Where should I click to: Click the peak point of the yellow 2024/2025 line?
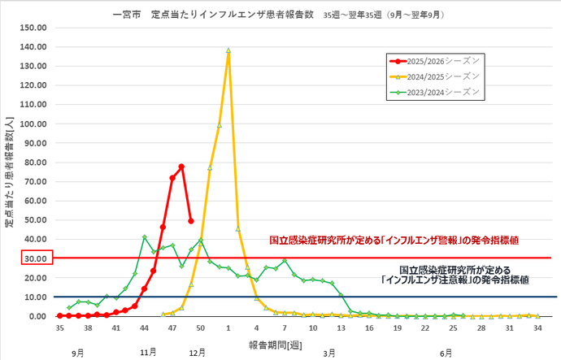[x=228, y=50]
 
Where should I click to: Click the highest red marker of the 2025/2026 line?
[x=181, y=167]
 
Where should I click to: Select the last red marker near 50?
[x=191, y=220]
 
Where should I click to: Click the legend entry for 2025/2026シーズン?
[x=435, y=61]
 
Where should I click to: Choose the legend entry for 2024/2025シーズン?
[x=435, y=76]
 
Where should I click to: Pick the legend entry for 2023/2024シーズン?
[x=435, y=91]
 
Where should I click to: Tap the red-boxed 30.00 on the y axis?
[x=37, y=258]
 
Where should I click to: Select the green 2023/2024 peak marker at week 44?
[x=144, y=237]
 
